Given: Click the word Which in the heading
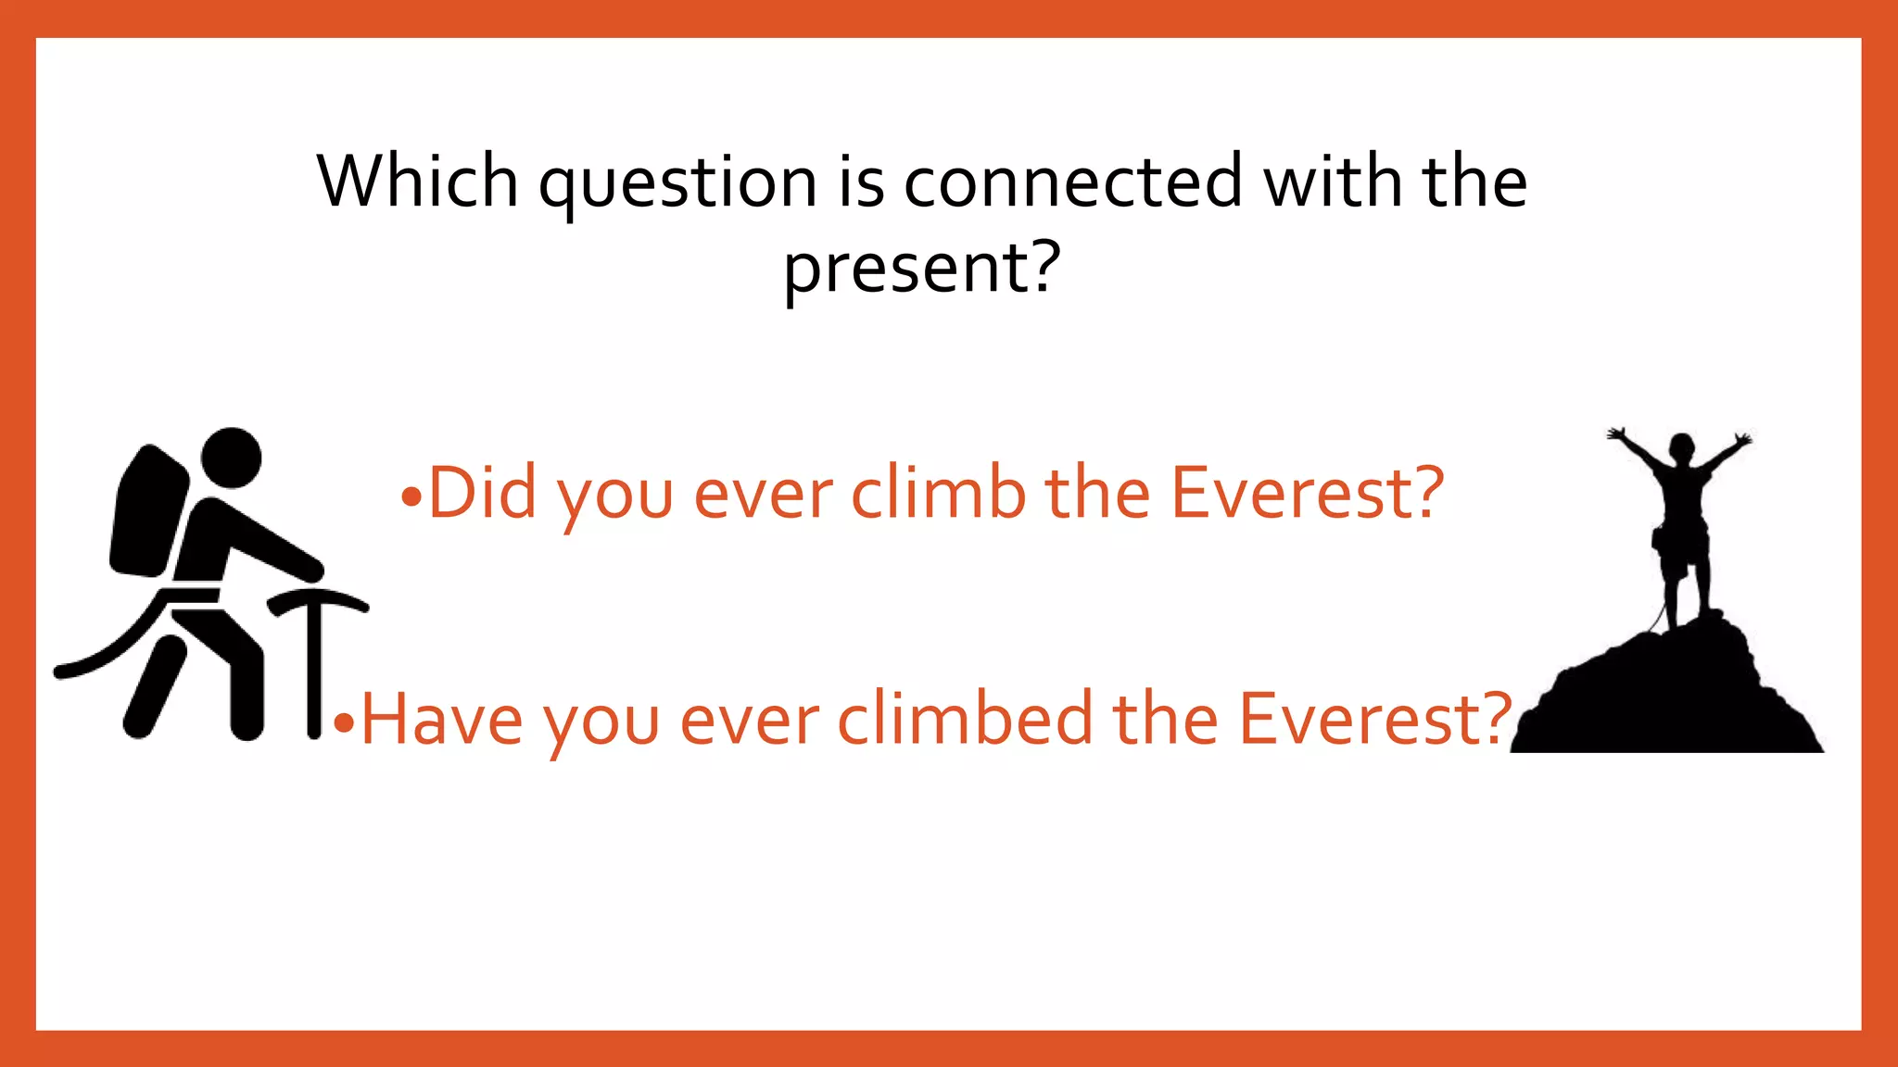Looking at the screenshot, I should pyautogui.click(x=417, y=182).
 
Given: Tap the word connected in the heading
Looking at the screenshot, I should pyautogui.click(x=1072, y=182).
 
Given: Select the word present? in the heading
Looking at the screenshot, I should pyautogui.click(x=921, y=269).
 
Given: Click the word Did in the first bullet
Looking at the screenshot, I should pyautogui.click(x=482, y=493).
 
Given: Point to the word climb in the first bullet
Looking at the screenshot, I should pyautogui.click(x=938, y=493).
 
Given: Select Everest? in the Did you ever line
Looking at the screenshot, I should pyautogui.click(x=1307, y=493).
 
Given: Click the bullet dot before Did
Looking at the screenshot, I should pyautogui.click(x=411, y=498).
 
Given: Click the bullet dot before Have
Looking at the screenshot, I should pyautogui.click(x=344, y=722).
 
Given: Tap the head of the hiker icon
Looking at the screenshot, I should pyautogui.click(x=232, y=458).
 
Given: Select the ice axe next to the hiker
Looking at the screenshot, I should pyautogui.click(x=315, y=648).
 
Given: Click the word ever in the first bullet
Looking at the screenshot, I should pyautogui.click(x=763, y=493).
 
